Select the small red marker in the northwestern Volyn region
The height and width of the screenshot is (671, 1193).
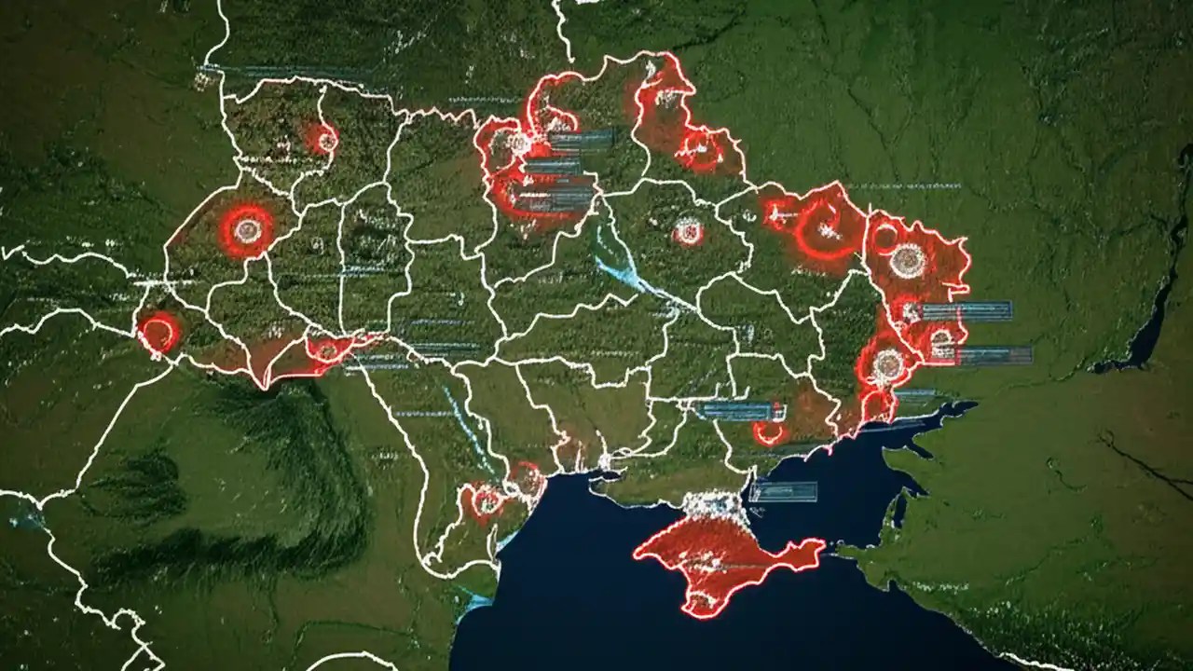click(324, 141)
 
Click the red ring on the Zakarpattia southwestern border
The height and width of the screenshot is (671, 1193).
click(158, 332)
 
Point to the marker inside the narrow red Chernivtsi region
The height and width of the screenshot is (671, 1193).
click(326, 350)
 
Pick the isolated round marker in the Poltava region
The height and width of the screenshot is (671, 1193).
click(688, 230)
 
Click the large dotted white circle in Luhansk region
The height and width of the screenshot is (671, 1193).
click(908, 260)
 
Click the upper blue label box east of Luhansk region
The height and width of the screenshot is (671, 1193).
click(966, 311)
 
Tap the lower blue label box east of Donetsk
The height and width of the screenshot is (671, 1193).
click(993, 355)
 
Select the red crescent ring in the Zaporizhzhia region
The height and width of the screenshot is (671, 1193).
click(770, 432)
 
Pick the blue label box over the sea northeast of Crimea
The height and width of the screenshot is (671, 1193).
click(783, 491)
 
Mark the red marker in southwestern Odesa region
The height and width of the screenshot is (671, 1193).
click(487, 500)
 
